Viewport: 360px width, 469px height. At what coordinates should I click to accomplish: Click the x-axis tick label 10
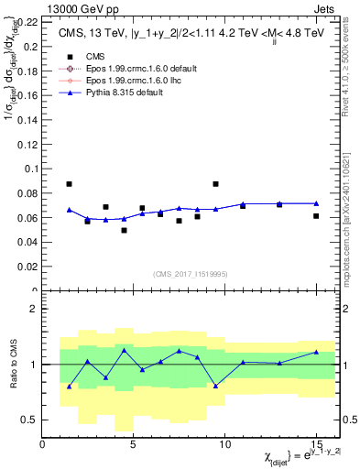[225, 444]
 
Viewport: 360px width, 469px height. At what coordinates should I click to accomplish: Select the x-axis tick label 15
[316, 444]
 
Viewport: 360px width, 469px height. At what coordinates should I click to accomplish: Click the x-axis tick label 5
[134, 444]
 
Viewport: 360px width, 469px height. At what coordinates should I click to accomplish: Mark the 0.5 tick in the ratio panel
[30, 420]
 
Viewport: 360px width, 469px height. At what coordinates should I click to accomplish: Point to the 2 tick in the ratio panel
[35, 309]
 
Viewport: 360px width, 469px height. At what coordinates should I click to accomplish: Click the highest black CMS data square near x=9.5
[215, 184]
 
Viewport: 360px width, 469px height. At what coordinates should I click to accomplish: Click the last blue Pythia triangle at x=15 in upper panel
[316, 203]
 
